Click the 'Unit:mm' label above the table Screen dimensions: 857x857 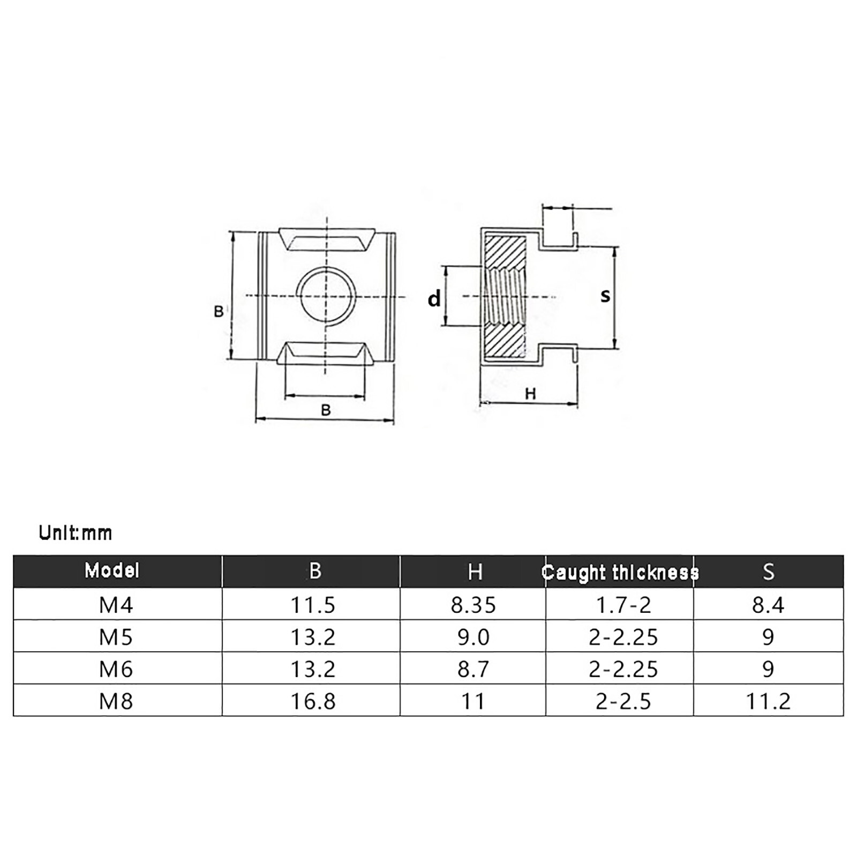(76, 533)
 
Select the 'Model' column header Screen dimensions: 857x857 (112, 570)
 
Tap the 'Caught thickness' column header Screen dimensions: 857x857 (620, 573)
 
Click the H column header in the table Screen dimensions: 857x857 (475, 572)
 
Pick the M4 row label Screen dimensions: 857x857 (116, 605)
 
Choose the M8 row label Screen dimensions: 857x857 (116, 701)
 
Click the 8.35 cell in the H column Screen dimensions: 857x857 (473, 605)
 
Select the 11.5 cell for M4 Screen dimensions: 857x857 (313, 605)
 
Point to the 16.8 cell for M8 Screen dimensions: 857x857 (313, 701)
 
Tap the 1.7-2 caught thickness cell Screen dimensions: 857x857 (623, 605)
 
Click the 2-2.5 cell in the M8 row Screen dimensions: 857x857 (623, 701)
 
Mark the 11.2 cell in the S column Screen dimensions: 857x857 (768, 701)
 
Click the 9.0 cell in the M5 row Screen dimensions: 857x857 (473, 637)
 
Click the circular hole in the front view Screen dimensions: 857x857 (327, 296)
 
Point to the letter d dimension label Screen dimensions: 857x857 (434, 298)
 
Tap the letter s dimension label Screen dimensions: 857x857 (605, 295)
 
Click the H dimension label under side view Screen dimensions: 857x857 (530, 394)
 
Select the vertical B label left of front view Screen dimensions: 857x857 (219, 311)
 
